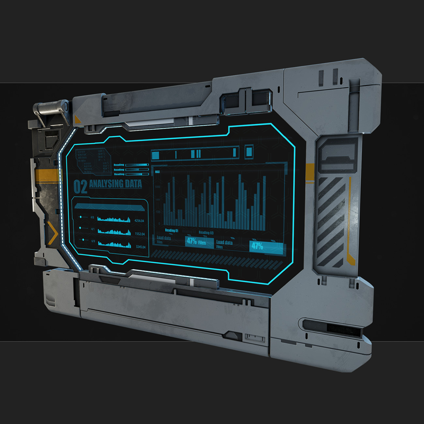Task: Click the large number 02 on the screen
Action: (x=80, y=187)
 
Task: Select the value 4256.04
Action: (x=139, y=221)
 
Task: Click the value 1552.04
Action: (x=140, y=234)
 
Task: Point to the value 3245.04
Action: (x=141, y=247)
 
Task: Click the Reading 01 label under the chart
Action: (x=172, y=231)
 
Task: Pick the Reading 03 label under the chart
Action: (x=206, y=233)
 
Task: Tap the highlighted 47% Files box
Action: (x=199, y=242)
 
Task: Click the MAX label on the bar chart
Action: (x=157, y=172)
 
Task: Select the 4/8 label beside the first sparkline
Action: (x=92, y=217)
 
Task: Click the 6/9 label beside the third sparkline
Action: (x=93, y=241)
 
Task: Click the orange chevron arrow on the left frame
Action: (x=52, y=233)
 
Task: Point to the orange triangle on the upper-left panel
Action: (x=77, y=119)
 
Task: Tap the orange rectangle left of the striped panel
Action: (x=310, y=173)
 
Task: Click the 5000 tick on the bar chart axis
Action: (x=158, y=187)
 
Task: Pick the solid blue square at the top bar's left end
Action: (x=156, y=155)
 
